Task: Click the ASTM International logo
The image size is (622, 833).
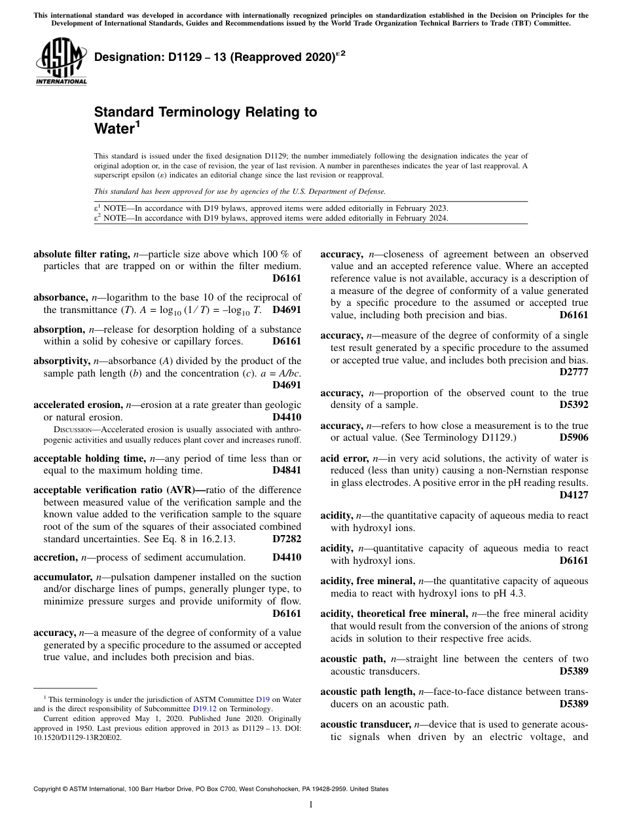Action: coord(60,63)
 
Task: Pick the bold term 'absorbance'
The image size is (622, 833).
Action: coord(60,297)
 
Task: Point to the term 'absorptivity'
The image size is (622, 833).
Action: coord(62,361)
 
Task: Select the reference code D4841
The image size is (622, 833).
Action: coord(287,470)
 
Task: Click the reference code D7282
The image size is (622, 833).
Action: coord(287,539)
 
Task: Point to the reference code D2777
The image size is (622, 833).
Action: coord(574,372)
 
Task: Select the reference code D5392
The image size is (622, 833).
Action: coord(574,405)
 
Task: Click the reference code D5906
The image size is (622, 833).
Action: coord(574,437)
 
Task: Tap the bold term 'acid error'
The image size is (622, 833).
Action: coord(344,458)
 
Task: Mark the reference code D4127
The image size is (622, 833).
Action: coord(574,495)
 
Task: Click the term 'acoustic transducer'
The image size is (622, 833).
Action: coord(365,724)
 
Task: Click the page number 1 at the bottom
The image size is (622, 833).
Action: coord(311,805)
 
